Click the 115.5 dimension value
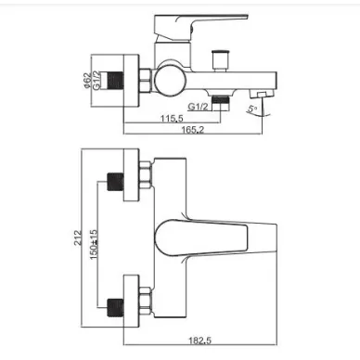coord(172,118)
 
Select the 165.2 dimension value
coord(193,130)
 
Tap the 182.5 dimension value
coord(199,341)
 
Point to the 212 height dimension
coord(79,238)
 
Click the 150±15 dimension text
coord(94,245)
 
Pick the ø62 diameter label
coord(88,81)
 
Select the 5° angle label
coord(252,109)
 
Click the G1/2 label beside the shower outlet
coord(198,107)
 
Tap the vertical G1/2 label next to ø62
coord(96,81)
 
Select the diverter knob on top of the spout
coord(219,60)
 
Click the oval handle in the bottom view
coord(201,238)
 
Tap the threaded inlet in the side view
coord(115,81)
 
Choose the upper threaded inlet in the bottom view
coord(115,182)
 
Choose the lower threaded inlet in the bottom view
coord(115,308)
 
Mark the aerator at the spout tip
coord(262,95)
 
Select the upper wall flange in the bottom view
coord(132,175)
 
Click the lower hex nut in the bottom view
coord(145,302)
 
